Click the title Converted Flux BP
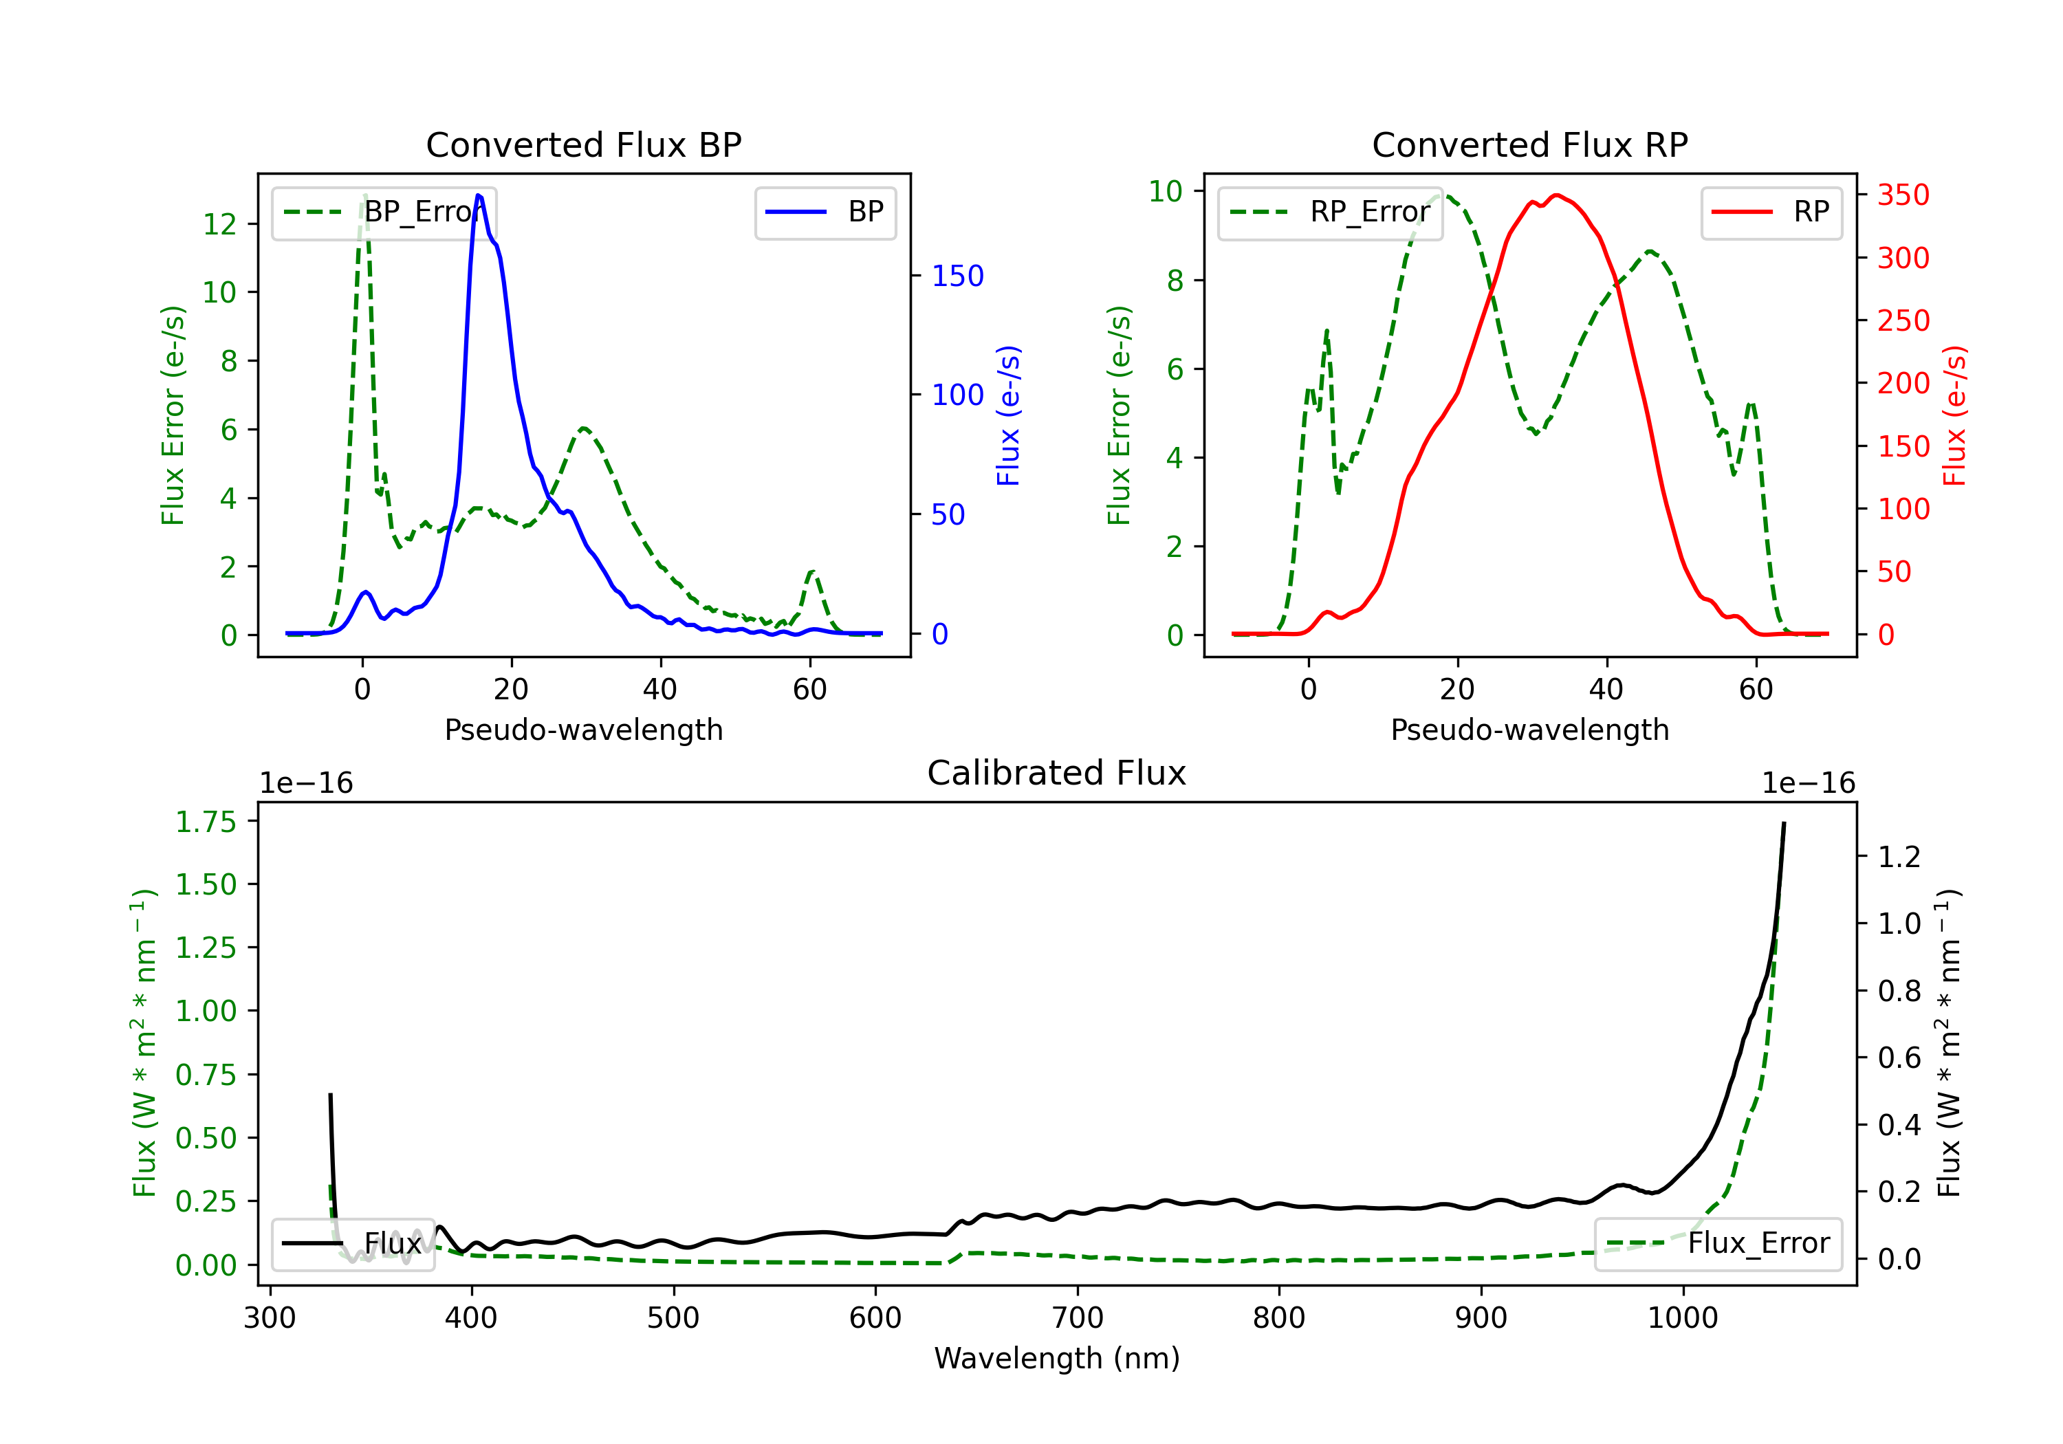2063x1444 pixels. pos(583,144)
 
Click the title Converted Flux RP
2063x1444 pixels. pos(1529,144)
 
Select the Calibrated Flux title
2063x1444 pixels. pos(1057,773)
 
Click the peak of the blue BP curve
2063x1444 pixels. pos(478,195)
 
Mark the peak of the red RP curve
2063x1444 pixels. pos(1556,195)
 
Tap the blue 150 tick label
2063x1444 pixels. pos(958,276)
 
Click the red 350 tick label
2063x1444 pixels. pos(1903,195)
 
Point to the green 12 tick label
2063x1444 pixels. pos(219,223)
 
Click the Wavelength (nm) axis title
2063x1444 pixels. pos(1057,1359)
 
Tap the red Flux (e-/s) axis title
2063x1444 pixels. pos(1954,416)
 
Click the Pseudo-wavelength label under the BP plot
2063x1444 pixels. pos(583,730)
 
